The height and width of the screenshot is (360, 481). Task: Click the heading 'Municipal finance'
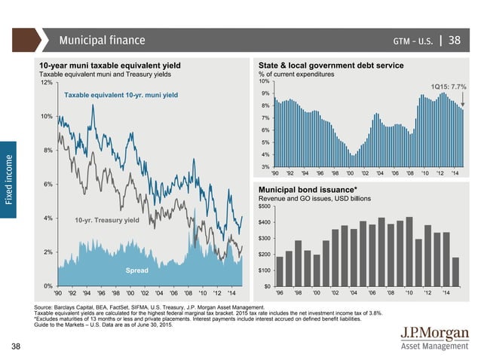102,39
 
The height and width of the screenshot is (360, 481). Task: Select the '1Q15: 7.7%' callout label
449,87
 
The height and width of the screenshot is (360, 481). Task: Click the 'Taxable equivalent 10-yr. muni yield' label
121,96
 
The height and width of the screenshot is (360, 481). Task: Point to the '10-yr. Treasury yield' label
106,220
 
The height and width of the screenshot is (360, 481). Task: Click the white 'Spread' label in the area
136,269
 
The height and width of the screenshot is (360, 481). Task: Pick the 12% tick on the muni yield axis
45,83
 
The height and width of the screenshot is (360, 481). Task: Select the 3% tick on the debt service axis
265,166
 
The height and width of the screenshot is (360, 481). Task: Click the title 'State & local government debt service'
331,66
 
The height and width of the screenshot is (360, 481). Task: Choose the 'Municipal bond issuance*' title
308,188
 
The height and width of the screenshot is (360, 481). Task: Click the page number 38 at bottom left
16,346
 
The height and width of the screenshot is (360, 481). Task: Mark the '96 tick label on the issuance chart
280,293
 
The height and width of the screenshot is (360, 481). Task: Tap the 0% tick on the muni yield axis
47,286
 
